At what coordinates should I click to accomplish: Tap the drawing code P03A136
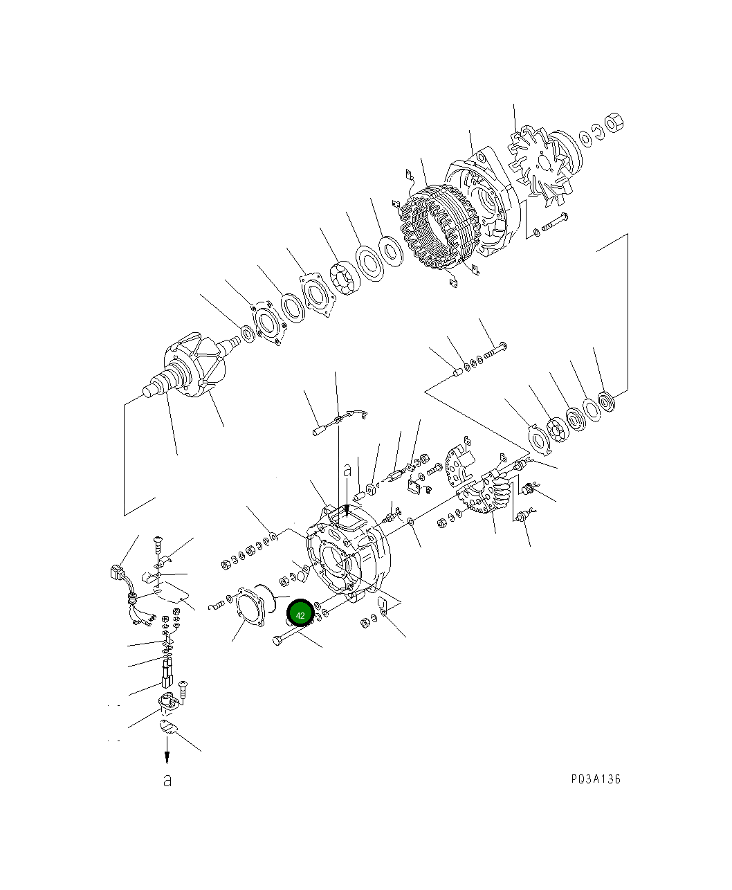tap(596, 779)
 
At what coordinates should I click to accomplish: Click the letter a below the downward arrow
tap(167, 781)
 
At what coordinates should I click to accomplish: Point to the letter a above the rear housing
tap(347, 470)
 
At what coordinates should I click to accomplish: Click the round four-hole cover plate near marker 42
tap(248, 606)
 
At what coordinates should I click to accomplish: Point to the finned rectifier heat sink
tap(486, 497)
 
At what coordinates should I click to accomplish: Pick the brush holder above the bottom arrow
tap(167, 703)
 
